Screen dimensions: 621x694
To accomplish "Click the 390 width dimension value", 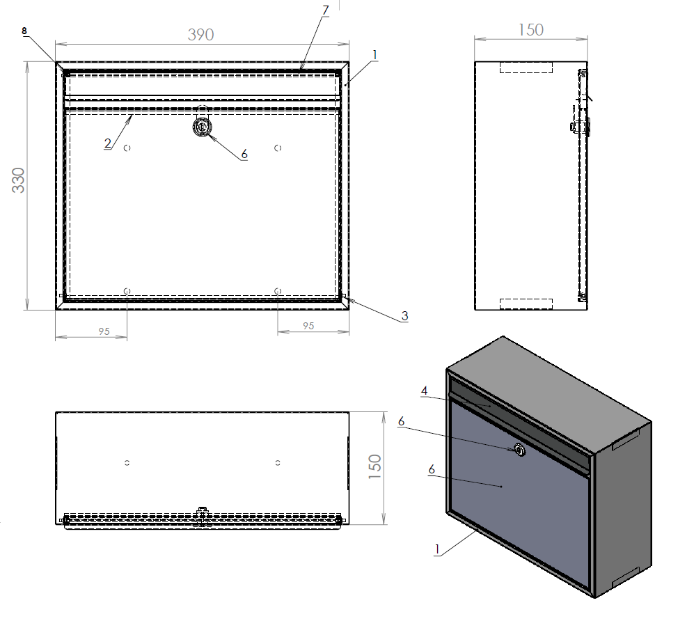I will click(200, 34).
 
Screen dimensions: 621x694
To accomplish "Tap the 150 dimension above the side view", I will click(530, 29).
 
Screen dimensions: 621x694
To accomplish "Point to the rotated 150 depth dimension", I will click(374, 468).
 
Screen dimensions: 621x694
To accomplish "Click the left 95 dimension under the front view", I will click(104, 331).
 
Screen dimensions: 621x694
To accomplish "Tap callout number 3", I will click(404, 316).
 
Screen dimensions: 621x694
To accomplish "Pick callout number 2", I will click(107, 143).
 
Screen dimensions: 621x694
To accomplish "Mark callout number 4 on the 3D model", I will click(424, 391).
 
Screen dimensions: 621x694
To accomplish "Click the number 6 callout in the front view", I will click(244, 155).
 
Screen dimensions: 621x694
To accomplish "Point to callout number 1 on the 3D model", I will click(436, 549).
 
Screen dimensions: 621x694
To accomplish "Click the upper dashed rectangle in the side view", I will click(526, 67).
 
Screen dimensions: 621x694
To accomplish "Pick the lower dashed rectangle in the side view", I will click(526, 304).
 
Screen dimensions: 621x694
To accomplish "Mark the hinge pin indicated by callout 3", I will click(343, 297).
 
